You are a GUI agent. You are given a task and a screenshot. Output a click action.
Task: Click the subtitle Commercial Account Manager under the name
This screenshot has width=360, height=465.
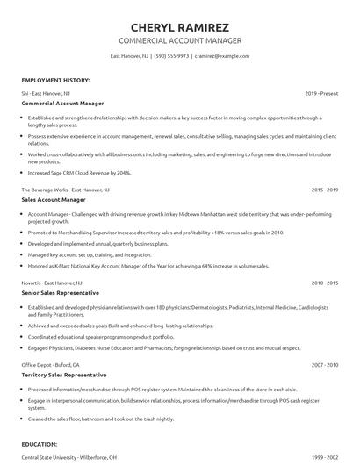pyautogui.click(x=179, y=40)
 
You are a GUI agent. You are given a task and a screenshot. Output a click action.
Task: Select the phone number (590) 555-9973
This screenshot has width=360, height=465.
pyautogui.click(x=171, y=56)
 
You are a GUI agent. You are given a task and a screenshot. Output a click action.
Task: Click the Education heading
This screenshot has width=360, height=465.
pyautogui.click(x=40, y=445)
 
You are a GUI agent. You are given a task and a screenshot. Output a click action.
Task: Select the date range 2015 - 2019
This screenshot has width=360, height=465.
pyautogui.click(x=326, y=189)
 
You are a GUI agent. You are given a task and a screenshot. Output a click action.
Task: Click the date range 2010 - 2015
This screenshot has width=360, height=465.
pyautogui.click(x=326, y=283)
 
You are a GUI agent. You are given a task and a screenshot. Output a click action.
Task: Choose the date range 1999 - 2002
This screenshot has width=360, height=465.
pyautogui.click(x=326, y=457)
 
